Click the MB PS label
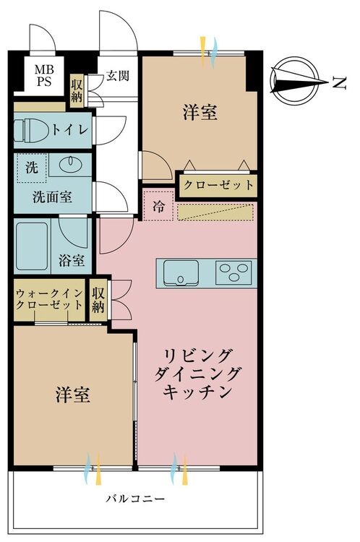(44, 75)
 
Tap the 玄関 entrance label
(118, 74)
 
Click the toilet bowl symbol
(31, 130)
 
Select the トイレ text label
(70, 129)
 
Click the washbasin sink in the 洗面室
(70, 164)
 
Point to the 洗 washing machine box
(32, 168)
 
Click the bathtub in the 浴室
(32, 246)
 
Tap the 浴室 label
(72, 260)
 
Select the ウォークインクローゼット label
(50, 299)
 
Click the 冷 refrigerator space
(158, 206)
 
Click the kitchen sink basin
(181, 272)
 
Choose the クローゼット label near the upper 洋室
(218, 185)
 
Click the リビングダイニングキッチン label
(197, 374)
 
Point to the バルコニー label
(135, 499)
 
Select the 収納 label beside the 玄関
(77, 91)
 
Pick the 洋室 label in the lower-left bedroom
(73, 395)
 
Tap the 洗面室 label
(53, 197)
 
